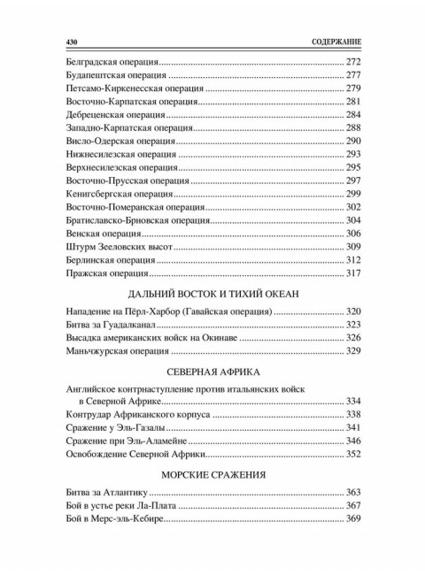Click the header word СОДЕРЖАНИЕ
tap(331, 42)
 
